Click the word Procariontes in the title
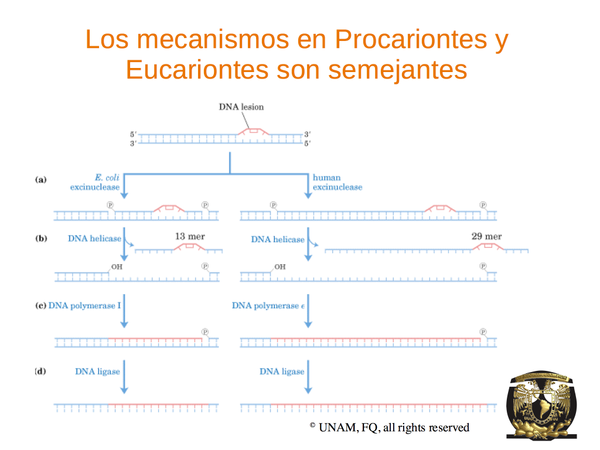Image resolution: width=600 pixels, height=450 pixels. [x=411, y=39]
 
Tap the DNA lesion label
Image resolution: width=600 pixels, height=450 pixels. [x=241, y=107]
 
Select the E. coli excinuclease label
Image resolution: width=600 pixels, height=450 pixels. [x=95, y=182]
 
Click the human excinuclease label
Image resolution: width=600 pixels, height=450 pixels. [x=337, y=182]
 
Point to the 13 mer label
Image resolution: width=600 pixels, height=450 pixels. [x=190, y=237]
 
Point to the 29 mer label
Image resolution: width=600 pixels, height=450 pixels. [x=486, y=237]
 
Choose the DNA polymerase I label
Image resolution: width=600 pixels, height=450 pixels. [x=84, y=305]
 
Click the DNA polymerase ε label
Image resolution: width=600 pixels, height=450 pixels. [x=268, y=305]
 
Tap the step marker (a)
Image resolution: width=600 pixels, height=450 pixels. [x=41, y=179]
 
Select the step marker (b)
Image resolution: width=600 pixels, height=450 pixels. [x=41, y=238]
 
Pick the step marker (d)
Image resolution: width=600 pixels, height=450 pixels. [x=40, y=371]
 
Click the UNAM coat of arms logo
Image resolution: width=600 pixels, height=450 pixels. [x=541, y=404]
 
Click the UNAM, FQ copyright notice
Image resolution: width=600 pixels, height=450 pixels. [x=390, y=427]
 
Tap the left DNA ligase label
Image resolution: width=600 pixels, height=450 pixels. [x=98, y=371]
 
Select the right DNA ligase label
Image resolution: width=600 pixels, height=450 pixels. [x=282, y=371]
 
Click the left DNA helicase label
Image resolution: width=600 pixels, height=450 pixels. [x=94, y=238]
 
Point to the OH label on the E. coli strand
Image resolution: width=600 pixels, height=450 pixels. [x=117, y=267]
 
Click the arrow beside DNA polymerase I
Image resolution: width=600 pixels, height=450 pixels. [x=124, y=311]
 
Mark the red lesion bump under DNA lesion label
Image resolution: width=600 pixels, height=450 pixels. [x=253, y=131]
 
